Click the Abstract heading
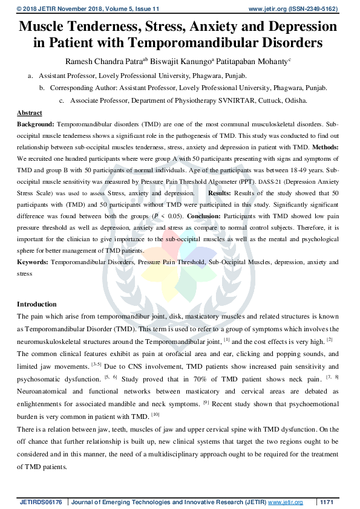(29, 113)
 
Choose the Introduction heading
(36, 304)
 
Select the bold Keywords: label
(33, 262)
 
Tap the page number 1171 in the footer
(327, 502)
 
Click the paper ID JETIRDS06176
(41, 502)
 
